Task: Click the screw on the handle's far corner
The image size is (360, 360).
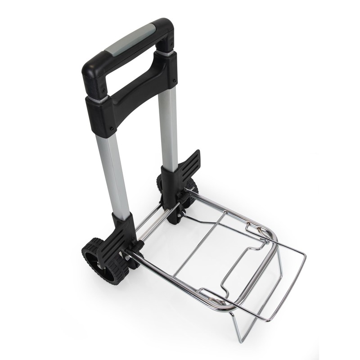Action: [171, 44]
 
